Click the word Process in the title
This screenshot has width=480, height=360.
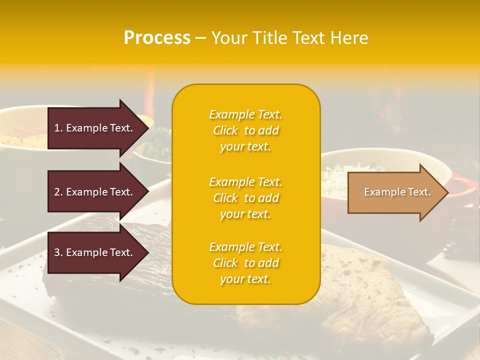[157, 38]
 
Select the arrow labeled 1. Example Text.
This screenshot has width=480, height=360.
[93, 128]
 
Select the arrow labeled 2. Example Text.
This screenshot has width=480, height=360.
[93, 192]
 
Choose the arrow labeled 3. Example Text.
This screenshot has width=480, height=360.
[93, 252]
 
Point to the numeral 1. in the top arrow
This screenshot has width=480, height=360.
[58, 128]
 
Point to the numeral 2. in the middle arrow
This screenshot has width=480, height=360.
[58, 192]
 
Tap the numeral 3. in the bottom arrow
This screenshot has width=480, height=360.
[58, 252]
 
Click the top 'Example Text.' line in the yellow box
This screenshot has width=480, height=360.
[245, 114]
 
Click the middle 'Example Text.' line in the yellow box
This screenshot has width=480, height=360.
[245, 182]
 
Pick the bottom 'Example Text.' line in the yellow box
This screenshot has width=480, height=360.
[245, 247]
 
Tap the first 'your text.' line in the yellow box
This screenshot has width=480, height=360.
[245, 146]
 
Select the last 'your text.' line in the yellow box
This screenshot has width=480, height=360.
[245, 279]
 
